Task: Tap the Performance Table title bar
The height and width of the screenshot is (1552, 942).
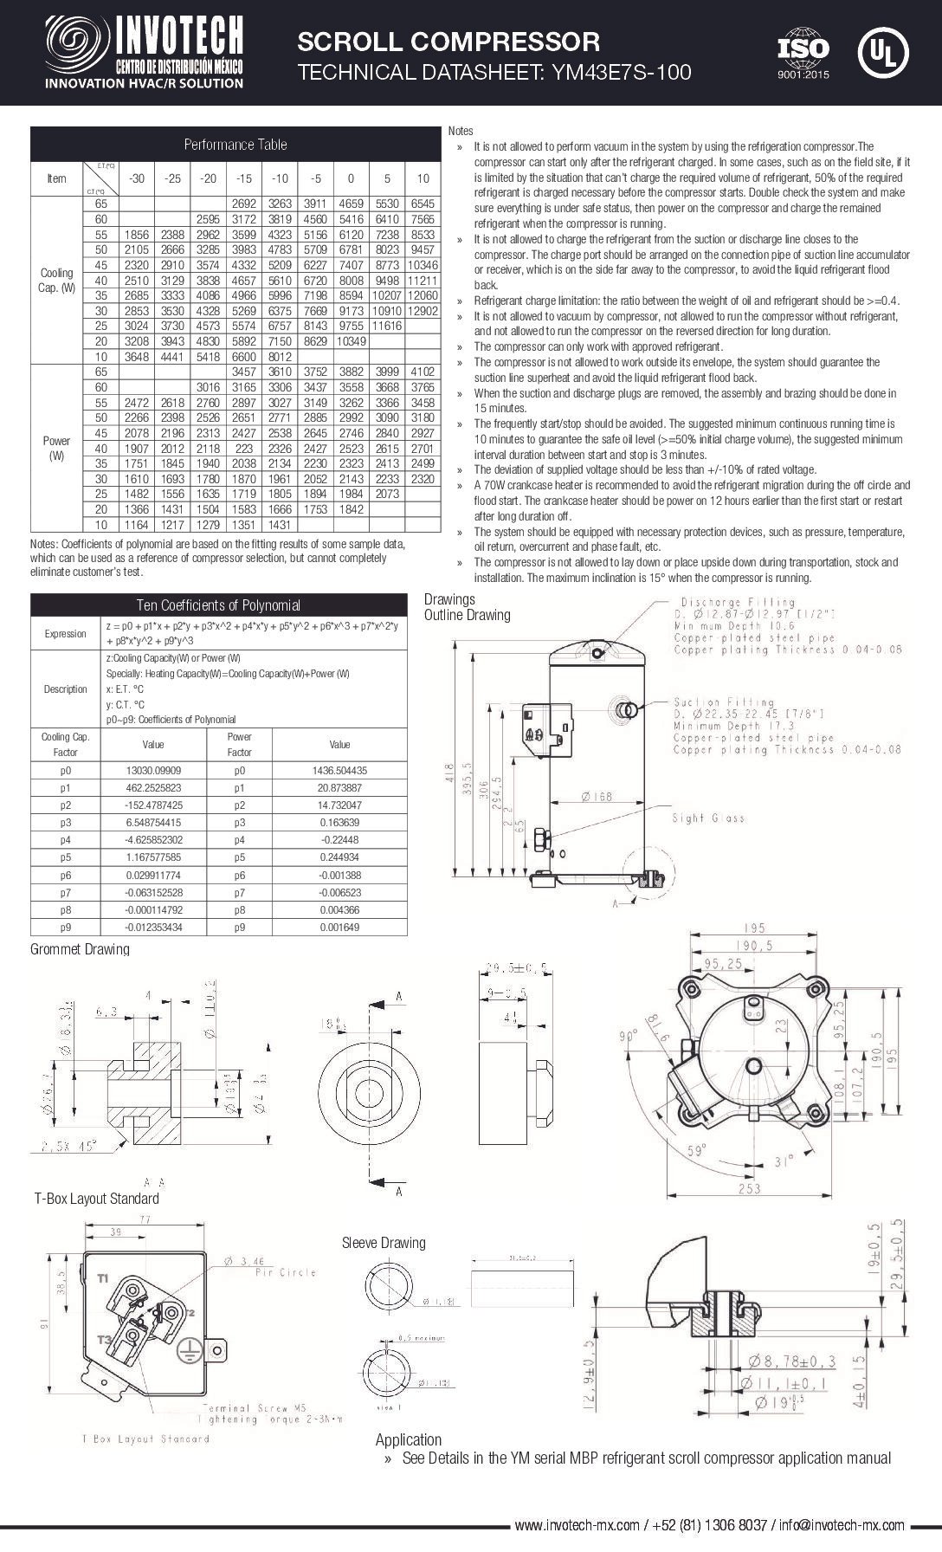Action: click(235, 144)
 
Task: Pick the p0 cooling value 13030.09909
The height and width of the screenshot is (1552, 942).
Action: click(152, 770)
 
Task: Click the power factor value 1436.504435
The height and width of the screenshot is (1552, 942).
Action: click(339, 770)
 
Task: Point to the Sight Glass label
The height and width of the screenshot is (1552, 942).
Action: click(708, 818)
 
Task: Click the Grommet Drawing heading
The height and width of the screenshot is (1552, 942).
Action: click(80, 949)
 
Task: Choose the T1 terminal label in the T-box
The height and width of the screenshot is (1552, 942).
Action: click(103, 1277)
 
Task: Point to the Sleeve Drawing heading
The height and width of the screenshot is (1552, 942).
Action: click(384, 1243)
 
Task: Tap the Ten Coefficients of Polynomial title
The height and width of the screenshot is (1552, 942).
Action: click(218, 605)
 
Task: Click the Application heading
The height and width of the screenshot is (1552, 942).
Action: click(408, 1439)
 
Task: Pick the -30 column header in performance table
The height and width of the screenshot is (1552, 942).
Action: click(136, 178)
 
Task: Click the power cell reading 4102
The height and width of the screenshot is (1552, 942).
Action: click(423, 372)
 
